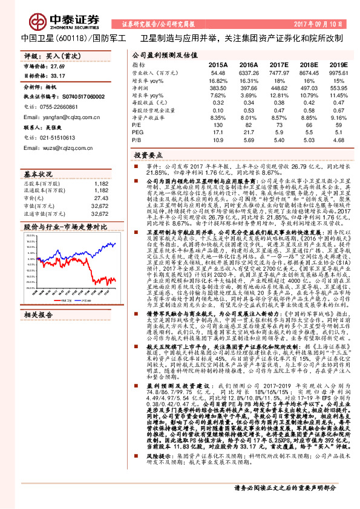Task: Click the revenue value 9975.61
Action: [x=340, y=72]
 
